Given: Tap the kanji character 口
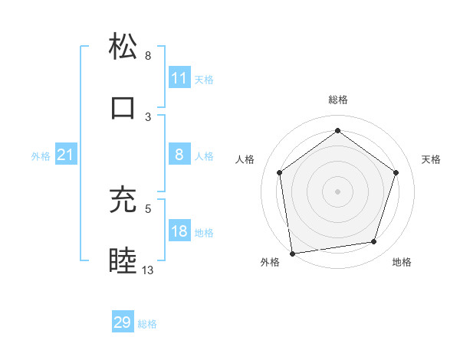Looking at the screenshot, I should point(123,107).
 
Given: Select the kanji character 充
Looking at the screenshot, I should point(123,199).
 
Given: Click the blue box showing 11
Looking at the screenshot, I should point(179,78).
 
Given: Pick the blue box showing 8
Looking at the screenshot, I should point(179,155).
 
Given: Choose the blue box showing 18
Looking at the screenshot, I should point(179,231).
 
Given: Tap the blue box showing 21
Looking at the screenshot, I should point(66,155).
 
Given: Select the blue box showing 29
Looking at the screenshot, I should point(123,322).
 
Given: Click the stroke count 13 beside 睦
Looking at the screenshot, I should point(148,270).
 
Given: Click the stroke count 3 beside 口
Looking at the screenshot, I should point(148,116).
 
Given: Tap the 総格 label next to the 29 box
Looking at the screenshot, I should point(148,324).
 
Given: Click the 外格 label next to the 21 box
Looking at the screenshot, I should point(41,156).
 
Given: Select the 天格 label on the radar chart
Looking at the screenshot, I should point(431,159).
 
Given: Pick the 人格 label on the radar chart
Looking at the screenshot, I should point(245,159).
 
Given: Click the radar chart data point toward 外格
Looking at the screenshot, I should point(292,252).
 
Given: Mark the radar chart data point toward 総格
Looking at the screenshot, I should point(337,130).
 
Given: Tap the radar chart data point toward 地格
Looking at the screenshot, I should point(374,242).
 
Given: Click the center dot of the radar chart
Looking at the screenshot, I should point(337,191).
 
